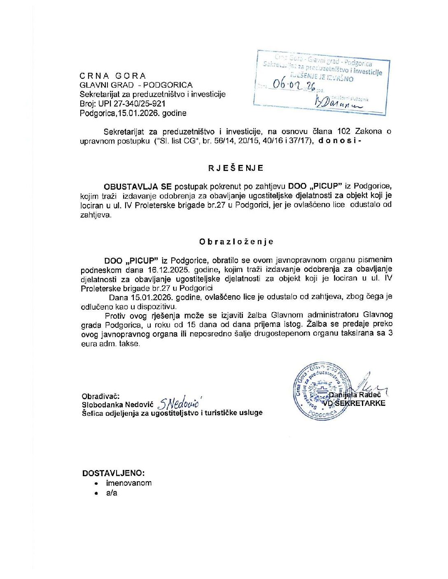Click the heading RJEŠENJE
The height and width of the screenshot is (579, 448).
236,168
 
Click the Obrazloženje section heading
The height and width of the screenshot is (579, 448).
236,241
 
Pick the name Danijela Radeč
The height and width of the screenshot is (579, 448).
355,395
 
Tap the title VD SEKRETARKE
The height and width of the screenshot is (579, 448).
354,403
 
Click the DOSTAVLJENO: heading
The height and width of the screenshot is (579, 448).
113,473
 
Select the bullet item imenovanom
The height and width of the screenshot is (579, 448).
129,483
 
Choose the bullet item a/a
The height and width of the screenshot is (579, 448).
112,493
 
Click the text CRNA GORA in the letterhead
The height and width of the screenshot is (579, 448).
113,76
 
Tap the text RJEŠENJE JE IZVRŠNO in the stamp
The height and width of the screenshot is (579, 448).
322,77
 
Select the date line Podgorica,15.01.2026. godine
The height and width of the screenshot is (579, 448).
133,113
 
